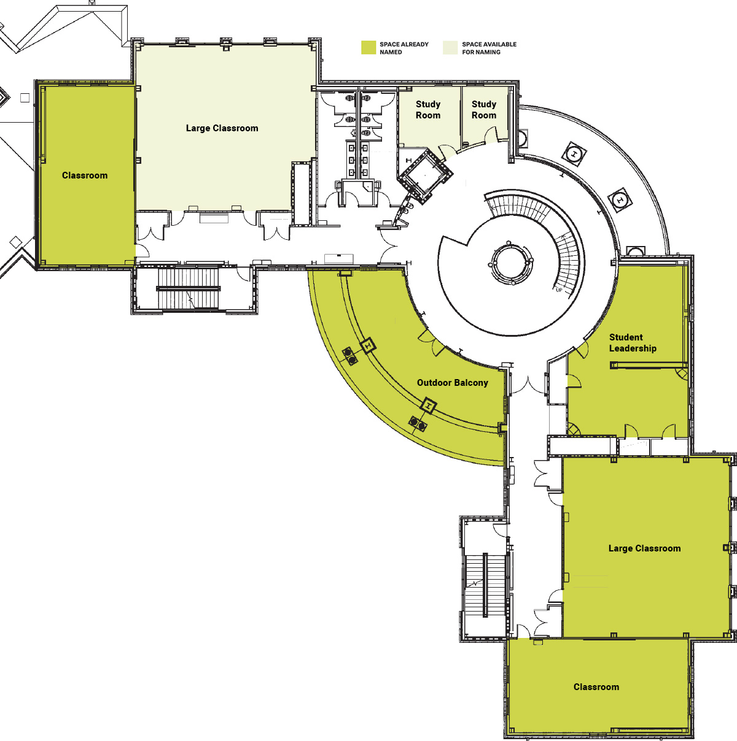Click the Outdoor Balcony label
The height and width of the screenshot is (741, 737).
[x=453, y=383]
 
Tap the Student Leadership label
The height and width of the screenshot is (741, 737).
[x=633, y=343]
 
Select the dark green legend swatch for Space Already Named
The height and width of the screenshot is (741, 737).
[x=368, y=48]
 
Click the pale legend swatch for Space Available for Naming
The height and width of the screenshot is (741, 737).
[x=450, y=48]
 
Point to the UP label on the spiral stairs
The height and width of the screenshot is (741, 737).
[x=559, y=290]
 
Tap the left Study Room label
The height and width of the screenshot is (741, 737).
[x=428, y=110]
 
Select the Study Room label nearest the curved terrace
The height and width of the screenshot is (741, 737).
[x=484, y=110]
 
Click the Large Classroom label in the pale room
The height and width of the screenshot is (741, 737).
[x=222, y=128]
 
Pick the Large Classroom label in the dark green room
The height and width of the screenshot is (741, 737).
[x=645, y=548]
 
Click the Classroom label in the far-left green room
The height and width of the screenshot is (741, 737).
[x=85, y=175]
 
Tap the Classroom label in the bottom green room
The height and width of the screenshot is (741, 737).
[x=596, y=687]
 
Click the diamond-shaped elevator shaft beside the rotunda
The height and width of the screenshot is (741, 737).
[x=425, y=176]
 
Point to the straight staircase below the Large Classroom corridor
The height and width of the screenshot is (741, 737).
[x=189, y=288]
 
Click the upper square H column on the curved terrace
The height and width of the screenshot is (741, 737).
[x=574, y=154]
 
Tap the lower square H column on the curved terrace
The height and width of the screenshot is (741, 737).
[x=620, y=200]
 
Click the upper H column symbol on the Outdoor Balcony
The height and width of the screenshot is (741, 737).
[x=368, y=346]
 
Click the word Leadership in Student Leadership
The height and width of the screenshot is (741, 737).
[x=633, y=348]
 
